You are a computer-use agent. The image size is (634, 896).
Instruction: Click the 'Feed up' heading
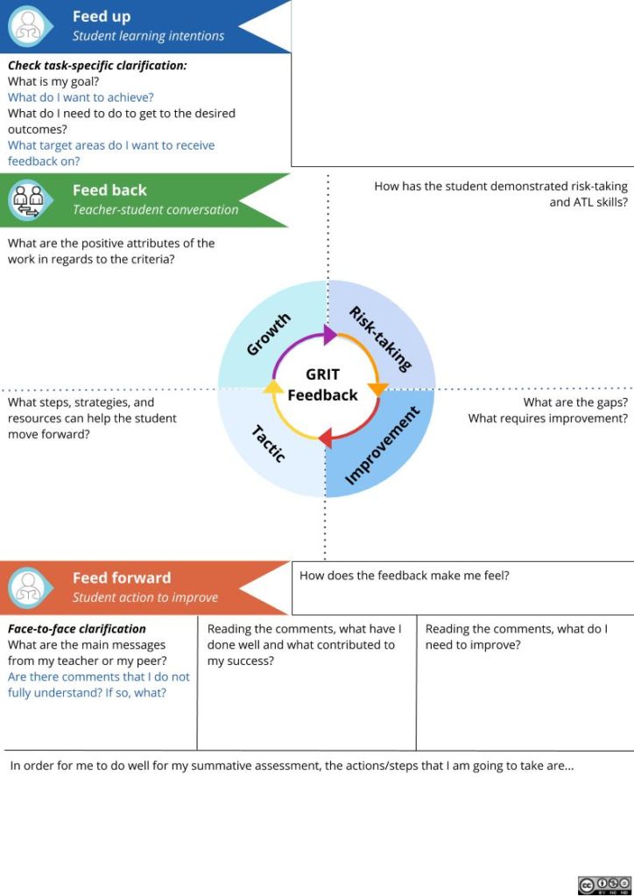101,17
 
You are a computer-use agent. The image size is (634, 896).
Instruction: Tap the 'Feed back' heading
109,190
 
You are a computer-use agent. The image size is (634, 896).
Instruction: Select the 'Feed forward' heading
122,577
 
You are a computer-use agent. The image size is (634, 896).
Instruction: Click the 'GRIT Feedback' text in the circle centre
323,385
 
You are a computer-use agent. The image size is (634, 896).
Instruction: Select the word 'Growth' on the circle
268,335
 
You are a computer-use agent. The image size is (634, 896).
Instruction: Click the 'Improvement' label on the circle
382,446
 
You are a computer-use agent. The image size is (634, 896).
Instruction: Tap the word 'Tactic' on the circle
269,444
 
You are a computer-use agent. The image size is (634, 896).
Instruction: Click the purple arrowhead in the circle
329,333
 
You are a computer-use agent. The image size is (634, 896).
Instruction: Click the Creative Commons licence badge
604,885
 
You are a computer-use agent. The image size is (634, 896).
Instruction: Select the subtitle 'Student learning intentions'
148,36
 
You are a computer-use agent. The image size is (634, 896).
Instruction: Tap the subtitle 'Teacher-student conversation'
155,209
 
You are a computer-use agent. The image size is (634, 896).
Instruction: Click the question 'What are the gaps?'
575,402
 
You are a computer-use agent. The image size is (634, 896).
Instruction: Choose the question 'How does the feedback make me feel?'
405,575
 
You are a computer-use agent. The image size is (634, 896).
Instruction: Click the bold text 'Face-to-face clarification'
77,628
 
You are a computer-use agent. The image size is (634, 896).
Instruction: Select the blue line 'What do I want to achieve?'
81,97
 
